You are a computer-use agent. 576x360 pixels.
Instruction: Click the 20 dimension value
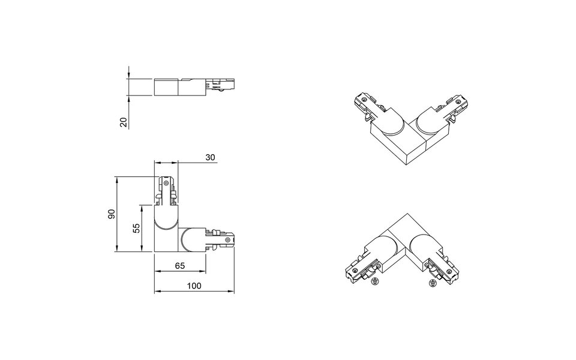[124, 122]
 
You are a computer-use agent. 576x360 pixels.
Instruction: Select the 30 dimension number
[210, 157]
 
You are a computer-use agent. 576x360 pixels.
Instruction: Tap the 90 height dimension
[112, 214]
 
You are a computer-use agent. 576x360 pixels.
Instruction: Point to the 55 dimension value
[136, 228]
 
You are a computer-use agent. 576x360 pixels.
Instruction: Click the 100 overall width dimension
[193, 286]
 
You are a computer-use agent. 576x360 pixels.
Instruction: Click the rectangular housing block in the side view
[167, 87]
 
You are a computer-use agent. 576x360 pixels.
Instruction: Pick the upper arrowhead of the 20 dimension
[129, 76]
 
